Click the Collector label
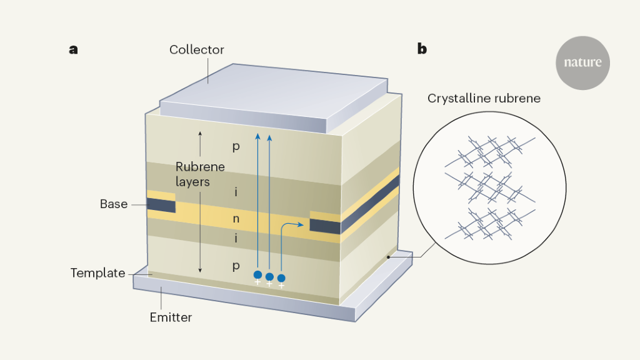pos(196,49)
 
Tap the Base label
pos(114,204)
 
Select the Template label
pos(97,273)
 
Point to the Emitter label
pos(171,317)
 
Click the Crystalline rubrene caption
pos(484,99)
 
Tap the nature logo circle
pos(582,63)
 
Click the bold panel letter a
pos(74,49)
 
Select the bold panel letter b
pos(422,49)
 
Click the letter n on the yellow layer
pos(236,219)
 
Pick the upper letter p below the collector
pos(236,147)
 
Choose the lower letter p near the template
pos(236,266)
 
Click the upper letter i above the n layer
pos(236,192)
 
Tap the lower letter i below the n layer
pos(236,239)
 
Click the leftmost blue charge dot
pos(257,274)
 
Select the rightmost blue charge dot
pos(281,277)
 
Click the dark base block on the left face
pos(161,205)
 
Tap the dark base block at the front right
pos(325,227)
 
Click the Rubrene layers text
pos(200,174)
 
